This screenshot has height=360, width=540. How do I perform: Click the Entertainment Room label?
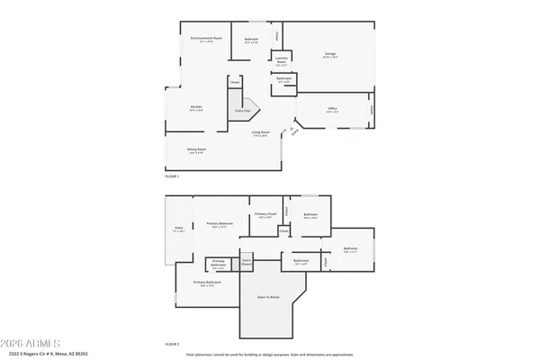[206, 40]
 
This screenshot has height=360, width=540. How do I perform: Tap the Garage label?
[330, 55]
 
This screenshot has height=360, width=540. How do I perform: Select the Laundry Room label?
[281, 61]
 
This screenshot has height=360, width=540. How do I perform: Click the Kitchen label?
[195, 108]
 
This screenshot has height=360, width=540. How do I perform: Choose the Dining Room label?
[196, 150]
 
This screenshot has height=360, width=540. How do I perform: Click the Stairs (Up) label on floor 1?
[242, 110]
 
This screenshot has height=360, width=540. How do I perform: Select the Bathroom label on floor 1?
[284, 80]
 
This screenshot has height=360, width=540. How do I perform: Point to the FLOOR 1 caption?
[172, 176]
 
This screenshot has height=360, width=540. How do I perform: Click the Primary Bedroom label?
[220, 225]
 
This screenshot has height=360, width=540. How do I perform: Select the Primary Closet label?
[265, 216]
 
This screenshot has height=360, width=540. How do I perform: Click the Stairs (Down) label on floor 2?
[246, 263]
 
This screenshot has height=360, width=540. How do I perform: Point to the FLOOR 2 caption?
[172, 344]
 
